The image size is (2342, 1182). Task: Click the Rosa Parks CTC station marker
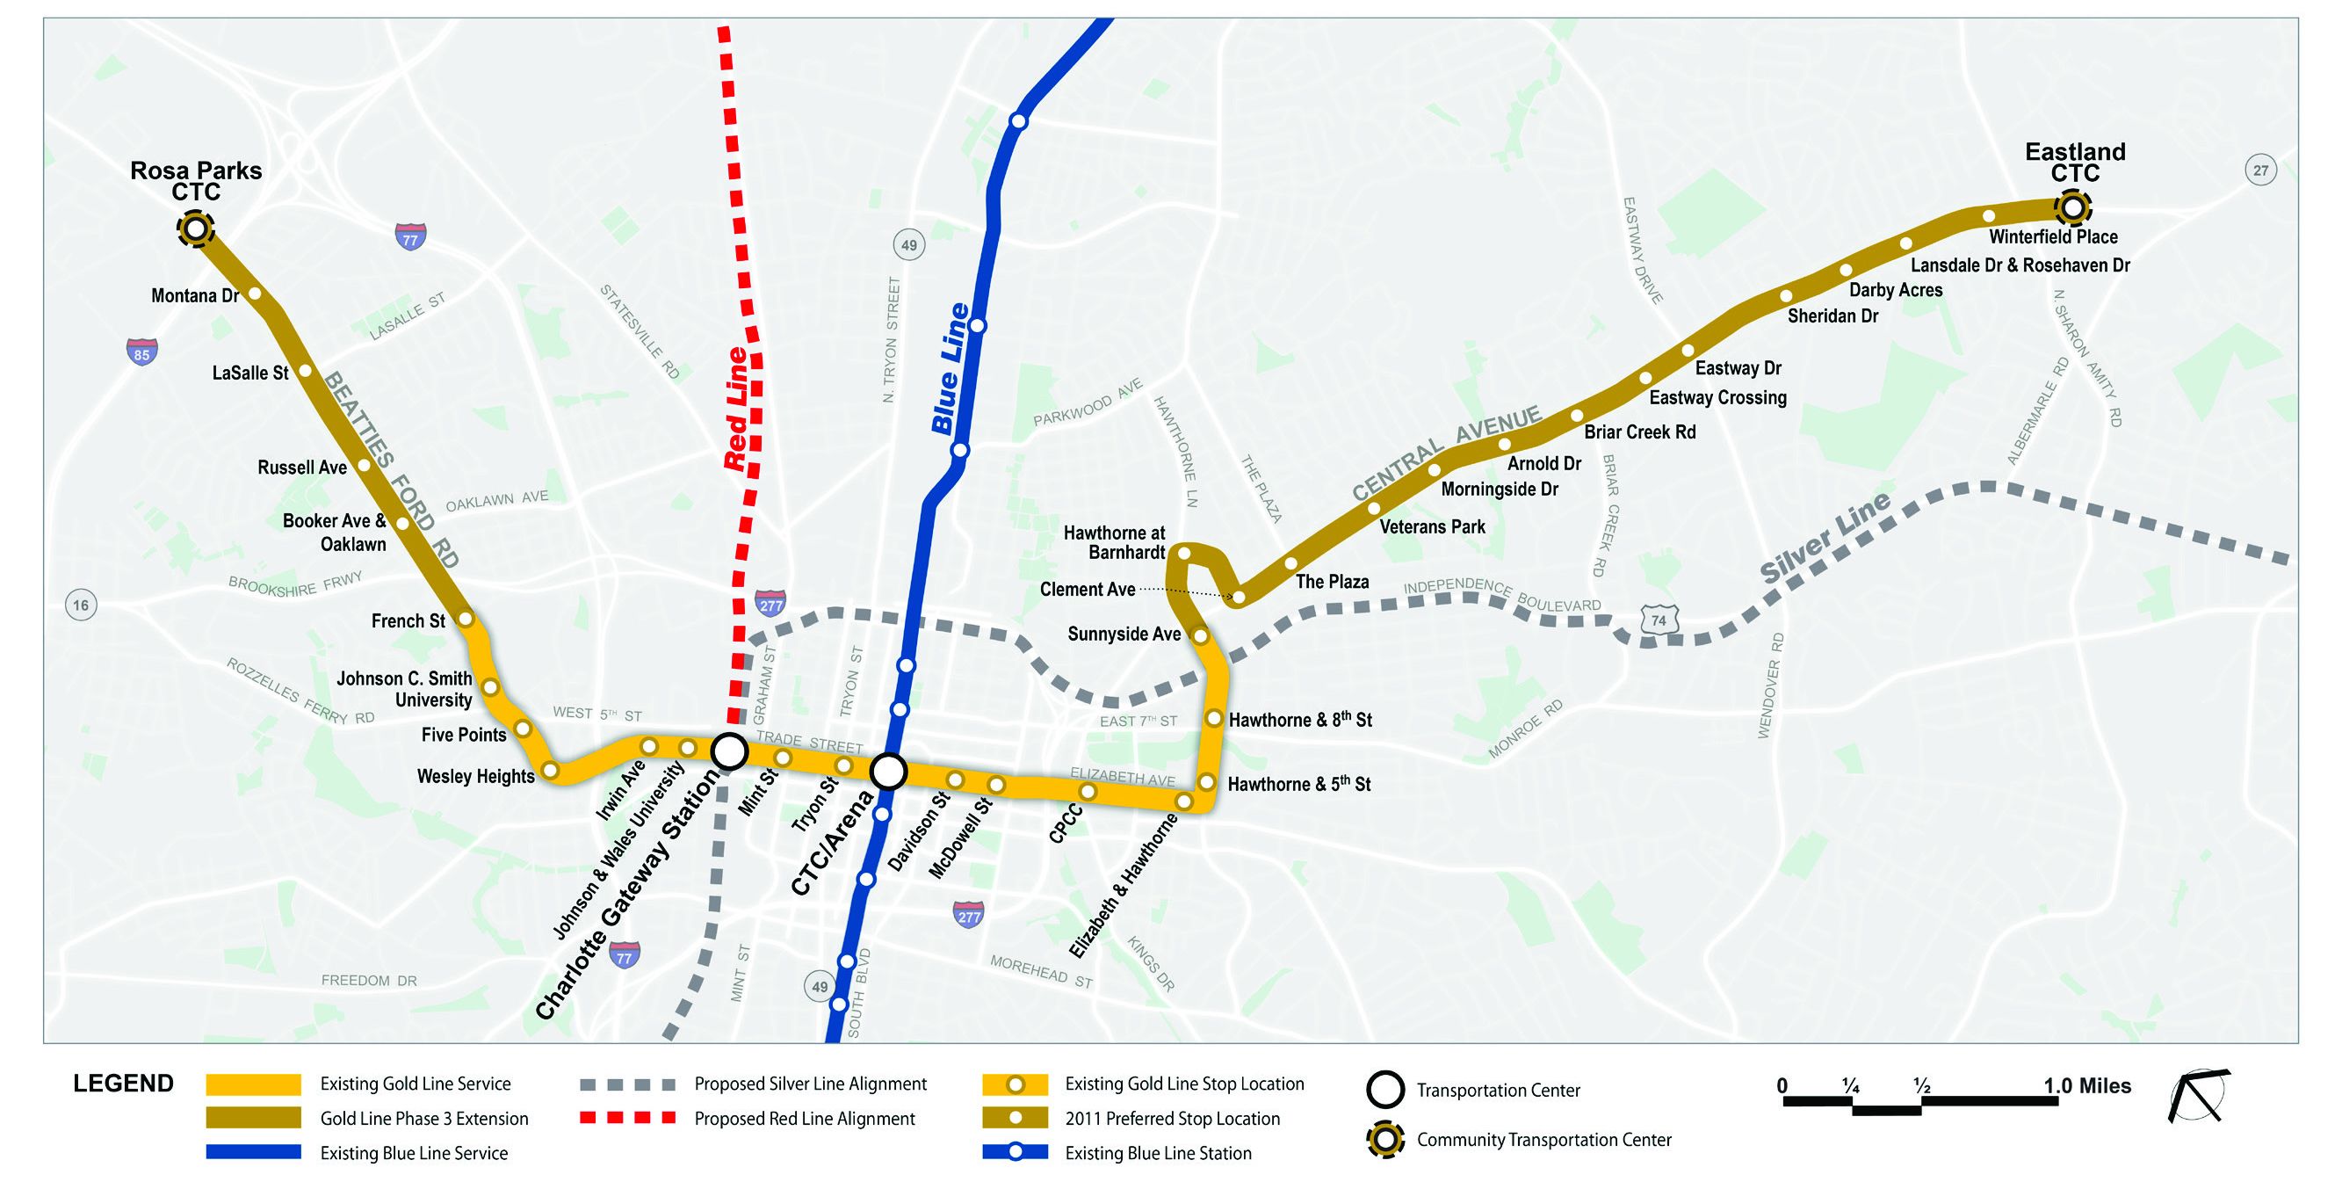click(196, 229)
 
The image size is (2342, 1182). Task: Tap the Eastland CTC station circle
click(2072, 208)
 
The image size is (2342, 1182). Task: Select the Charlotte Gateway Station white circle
click(729, 752)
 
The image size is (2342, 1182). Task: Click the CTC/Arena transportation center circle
click(888, 772)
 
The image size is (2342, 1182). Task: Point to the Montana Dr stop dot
click(256, 294)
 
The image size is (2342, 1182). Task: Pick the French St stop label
click(408, 621)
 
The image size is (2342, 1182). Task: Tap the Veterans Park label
click(1432, 526)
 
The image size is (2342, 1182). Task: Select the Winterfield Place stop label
click(2053, 237)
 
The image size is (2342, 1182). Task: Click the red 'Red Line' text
click(735, 410)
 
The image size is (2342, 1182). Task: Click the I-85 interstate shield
click(141, 352)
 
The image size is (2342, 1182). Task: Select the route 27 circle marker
click(2260, 170)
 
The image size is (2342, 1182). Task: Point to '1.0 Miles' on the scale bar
click(2086, 1085)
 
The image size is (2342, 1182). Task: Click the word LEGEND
click(124, 1084)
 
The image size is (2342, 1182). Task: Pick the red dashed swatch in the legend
click(627, 1119)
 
